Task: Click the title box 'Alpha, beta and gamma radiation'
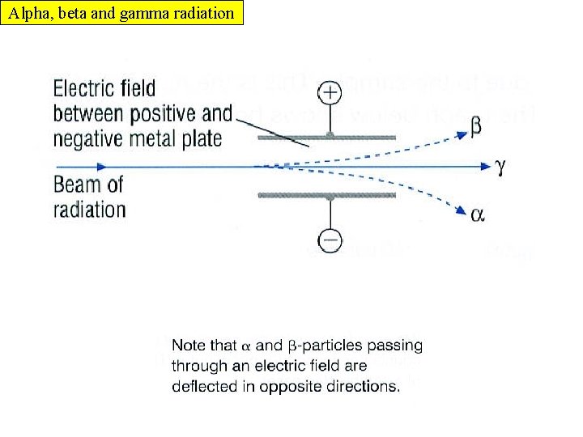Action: [121, 13]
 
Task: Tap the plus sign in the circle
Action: [330, 93]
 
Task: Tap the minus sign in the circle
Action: [330, 240]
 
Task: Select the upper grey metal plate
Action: [326, 138]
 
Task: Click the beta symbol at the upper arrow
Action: [477, 126]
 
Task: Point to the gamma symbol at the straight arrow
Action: [500, 166]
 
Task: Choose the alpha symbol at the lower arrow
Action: [478, 215]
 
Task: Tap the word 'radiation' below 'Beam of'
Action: [90, 210]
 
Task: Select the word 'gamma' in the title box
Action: [142, 13]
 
